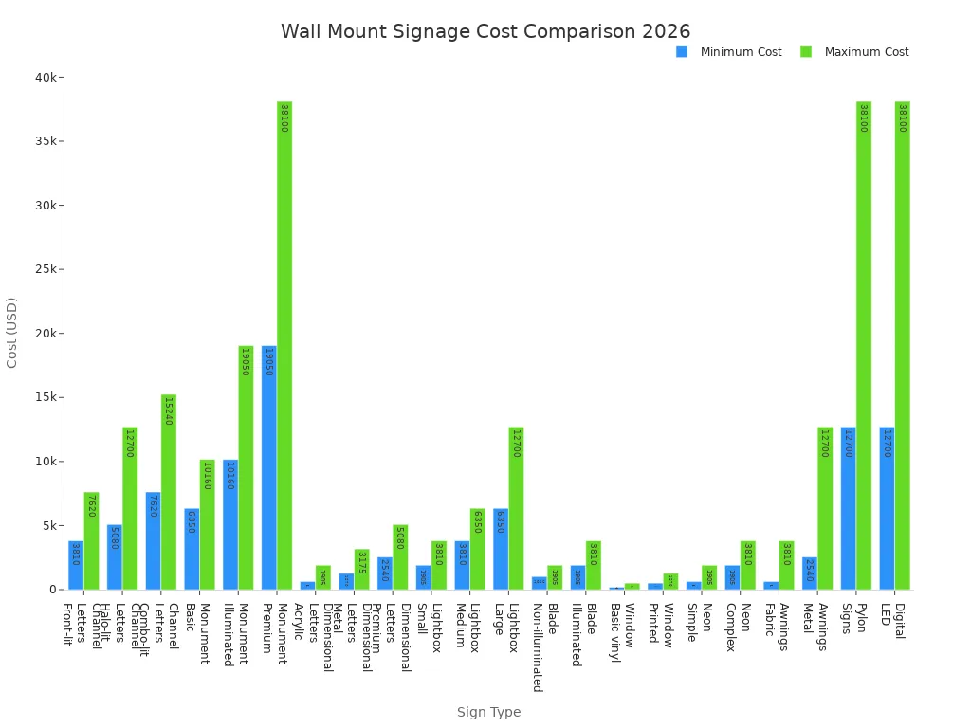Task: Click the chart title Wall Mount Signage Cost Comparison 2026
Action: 485,31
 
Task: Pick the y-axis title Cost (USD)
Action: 12,333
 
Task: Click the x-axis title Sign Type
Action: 488,712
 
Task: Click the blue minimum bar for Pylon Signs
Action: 848,508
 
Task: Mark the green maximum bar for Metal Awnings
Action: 825,508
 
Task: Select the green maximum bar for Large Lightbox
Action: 516,508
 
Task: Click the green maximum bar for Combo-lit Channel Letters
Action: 169,492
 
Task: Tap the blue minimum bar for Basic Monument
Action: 192,549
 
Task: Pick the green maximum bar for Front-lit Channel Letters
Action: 91,540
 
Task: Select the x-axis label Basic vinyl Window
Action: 621,631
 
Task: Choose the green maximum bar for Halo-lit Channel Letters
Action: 130,508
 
